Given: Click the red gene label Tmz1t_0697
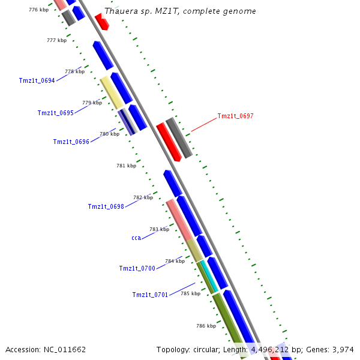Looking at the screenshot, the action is pos(235,116).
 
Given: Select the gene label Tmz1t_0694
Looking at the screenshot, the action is pos(37,80).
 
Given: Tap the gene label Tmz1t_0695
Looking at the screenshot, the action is pos(55,113).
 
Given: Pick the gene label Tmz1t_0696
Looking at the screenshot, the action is pos(71,142).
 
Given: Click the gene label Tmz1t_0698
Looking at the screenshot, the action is pos(106,206).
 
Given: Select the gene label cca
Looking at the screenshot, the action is pos(136,238).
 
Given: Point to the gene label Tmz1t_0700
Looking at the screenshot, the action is pos(137,268).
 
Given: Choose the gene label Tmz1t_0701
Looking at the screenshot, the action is pos(150,295).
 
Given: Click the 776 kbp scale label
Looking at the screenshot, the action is pos(38,10).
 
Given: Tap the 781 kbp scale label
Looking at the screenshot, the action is pos(126,166).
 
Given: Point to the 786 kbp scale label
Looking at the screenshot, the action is pos(206,326).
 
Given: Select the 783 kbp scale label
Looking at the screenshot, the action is pos(159,229).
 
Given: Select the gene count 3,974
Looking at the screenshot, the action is pos(341,349).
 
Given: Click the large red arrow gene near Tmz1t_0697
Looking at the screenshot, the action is pos(169,142).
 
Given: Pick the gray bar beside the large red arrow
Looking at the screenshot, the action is pos(179,138).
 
